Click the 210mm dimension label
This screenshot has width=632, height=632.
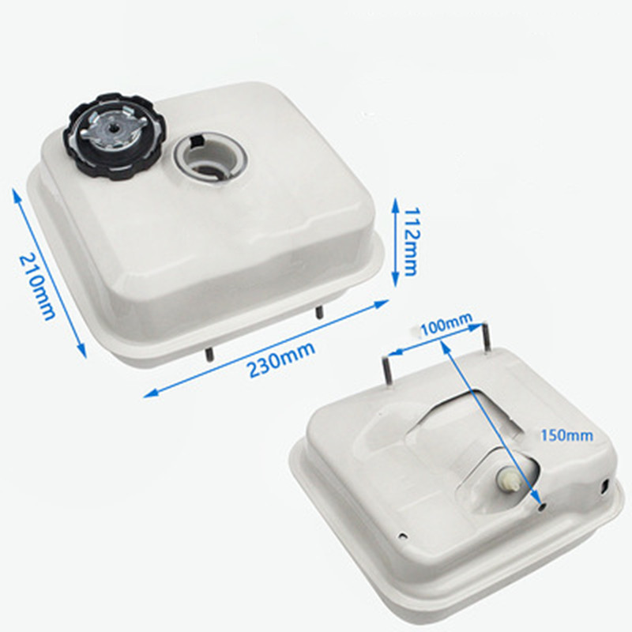pos(36,286)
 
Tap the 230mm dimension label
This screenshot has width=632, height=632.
pos(281,359)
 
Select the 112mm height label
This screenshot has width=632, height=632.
pos(411,242)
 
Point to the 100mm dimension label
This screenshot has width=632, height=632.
pos(446,324)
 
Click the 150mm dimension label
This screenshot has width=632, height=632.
pos(566,435)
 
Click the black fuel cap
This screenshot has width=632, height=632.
pos(114,136)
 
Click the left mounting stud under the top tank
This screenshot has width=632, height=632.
pos(209,354)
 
